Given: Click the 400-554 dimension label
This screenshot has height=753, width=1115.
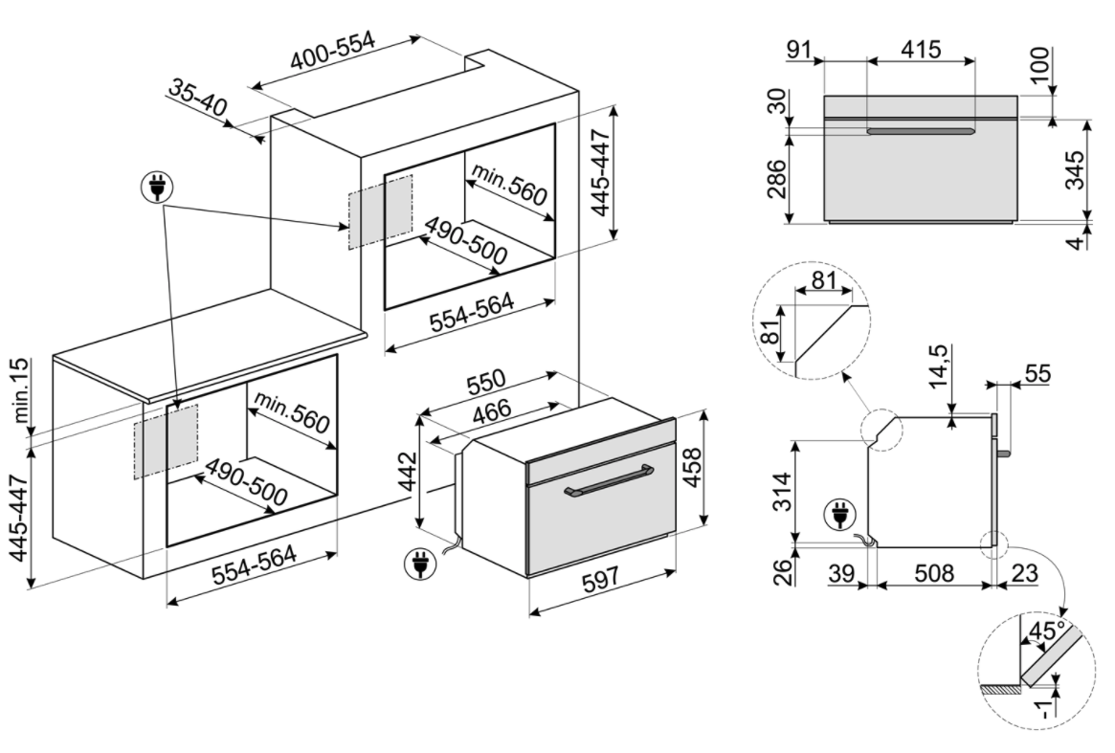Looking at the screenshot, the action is pyautogui.click(x=332, y=51).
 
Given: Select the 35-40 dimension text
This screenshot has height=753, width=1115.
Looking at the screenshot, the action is pyautogui.click(x=198, y=98).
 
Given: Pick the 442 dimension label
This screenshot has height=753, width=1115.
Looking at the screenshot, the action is pyautogui.click(x=407, y=470).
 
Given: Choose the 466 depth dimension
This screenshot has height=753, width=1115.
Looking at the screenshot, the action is pyautogui.click(x=492, y=410).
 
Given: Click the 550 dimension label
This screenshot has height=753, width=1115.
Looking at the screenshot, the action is pyautogui.click(x=485, y=382).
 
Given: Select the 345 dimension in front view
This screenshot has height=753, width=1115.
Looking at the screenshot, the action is pyautogui.click(x=1078, y=170).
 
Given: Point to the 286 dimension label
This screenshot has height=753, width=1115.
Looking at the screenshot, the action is pyautogui.click(x=777, y=179).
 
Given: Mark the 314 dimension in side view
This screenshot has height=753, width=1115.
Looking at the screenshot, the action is pyautogui.click(x=782, y=492).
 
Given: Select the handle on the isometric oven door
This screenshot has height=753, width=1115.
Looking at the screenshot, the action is pyautogui.click(x=608, y=480).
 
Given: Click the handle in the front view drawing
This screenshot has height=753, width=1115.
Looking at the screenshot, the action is pyautogui.click(x=921, y=131).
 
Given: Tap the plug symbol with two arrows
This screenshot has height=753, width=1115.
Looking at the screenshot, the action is pyautogui.click(x=156, y=188).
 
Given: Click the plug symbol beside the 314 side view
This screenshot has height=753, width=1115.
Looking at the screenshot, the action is pyautogui.click(x=840, y=514).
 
